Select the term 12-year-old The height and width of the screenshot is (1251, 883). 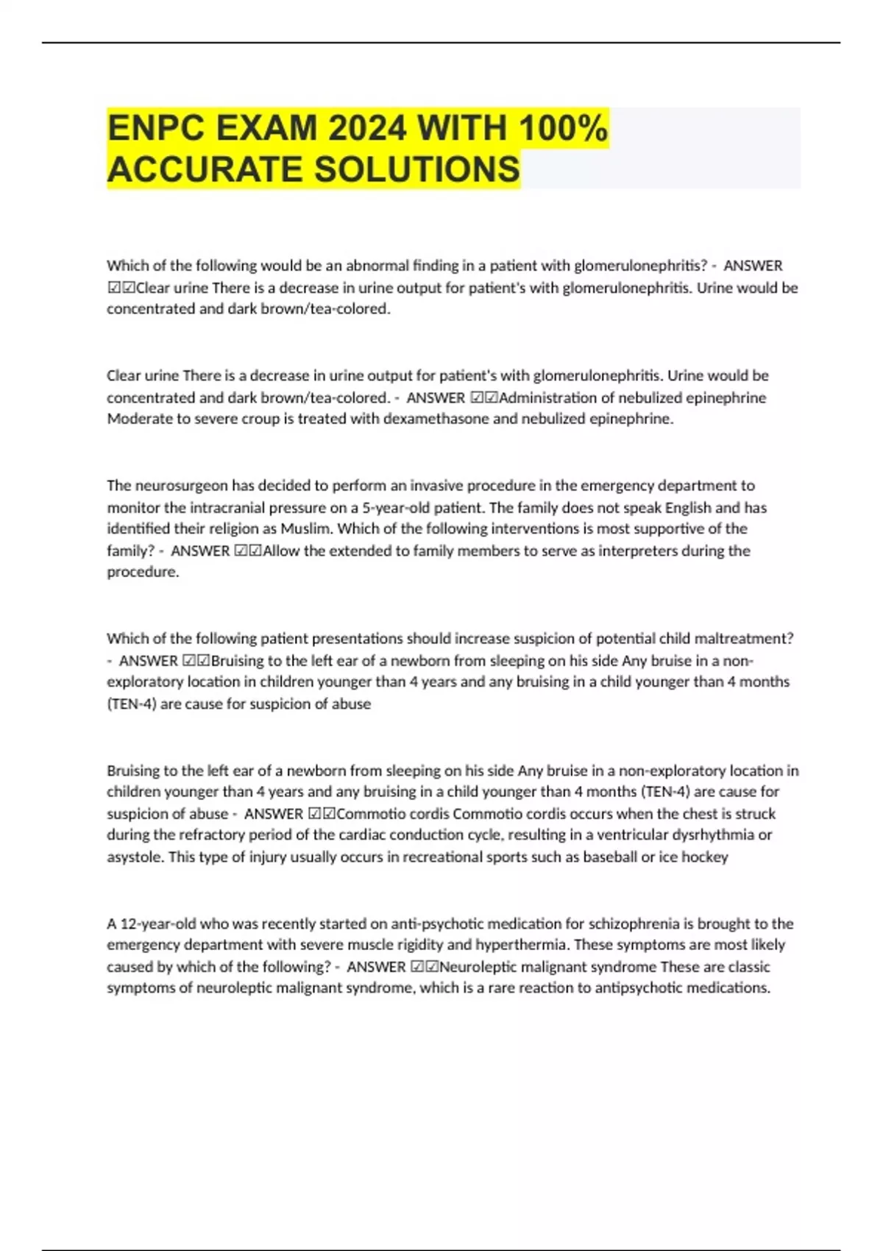coord(155,924)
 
